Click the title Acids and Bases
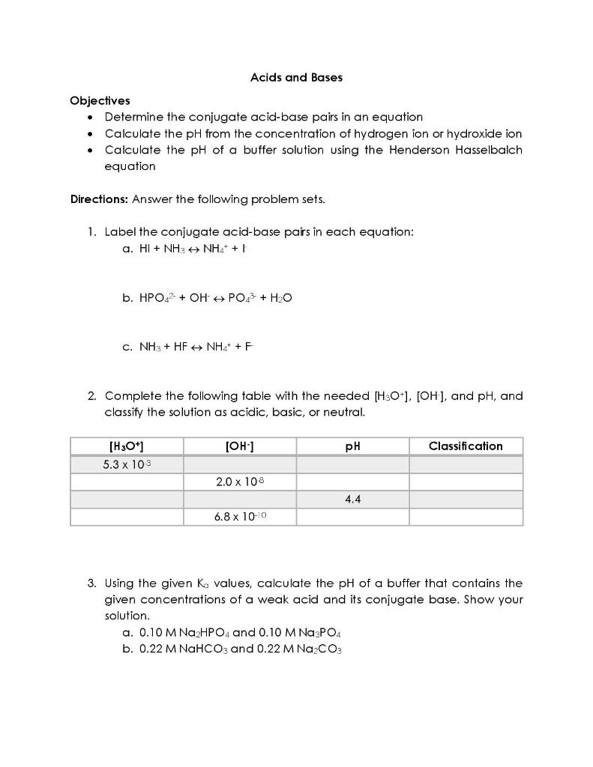pyautogui.click(x=296, y=77)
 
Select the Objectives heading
pyautogui.click(x=100, y=100)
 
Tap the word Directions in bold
pyautogui.click(x=99, y=199)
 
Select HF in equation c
pyautogui.click(x=180, y=347)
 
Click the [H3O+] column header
pyautogui.click(x=127, y=446)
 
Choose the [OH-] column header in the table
pyautogui.click(x=240, y=446)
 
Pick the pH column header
pyautogui.click(x=352, y=446)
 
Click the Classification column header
pyautogui.click(x=466, y=446)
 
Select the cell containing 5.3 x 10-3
pyautogui.click(x=127, y=464)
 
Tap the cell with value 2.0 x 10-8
pyautogui.click(x=240, y=482)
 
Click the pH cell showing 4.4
pyautogui.click(x=352, y=500)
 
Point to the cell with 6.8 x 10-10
pyautogui.click(x=240, y=517)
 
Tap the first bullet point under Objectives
pyautogui.click(x=91, y=118)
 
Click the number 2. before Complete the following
pyautogui.click(x=91, y=396)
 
